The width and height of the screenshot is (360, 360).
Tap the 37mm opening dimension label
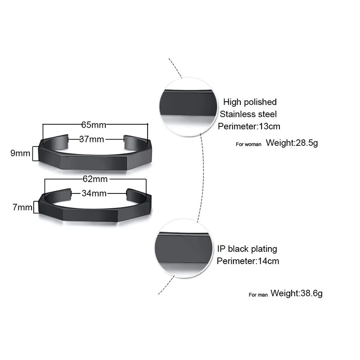(92, 139)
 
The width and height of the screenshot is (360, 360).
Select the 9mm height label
(20, 153)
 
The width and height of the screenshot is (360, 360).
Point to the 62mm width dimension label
(94, 179)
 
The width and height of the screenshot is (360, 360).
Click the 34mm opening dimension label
(94, 193)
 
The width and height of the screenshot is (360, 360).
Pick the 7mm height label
(22, 207)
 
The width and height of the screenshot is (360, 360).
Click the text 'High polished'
(250, 102)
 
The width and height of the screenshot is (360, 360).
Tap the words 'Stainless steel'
(248, 114)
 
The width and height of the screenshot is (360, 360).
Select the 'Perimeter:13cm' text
(249, 126)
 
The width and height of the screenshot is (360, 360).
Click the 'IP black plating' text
(247, 248)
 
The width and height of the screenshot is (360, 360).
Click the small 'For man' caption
(258, 295)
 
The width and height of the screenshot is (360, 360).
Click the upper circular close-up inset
(184, 107)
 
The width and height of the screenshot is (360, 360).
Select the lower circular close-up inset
(183, 248)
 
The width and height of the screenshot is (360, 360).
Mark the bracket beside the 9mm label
(34, 153)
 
